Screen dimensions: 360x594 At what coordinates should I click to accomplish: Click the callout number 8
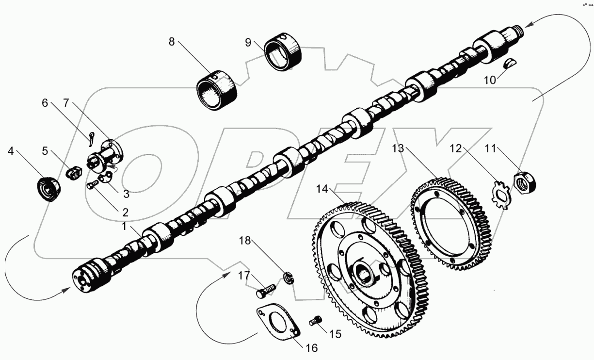172,42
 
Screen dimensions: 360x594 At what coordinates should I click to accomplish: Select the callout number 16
312,347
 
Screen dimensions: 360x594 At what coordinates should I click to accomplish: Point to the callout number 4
11,151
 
